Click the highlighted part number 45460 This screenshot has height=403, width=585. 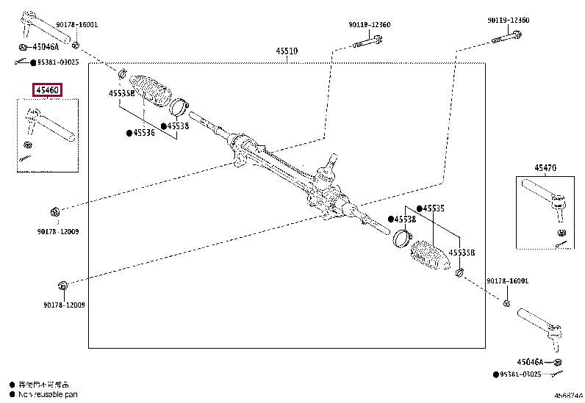(x=47, y=90)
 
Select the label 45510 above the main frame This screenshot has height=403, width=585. (x=287, y=51)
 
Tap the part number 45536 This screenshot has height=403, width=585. (x=144, y=133)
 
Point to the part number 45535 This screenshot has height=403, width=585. (x=434, y=208)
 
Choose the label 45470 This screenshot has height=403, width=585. (x=545, y=168)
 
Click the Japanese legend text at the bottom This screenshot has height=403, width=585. (x=45, y=384)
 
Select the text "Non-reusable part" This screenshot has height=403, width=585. (x=45, y=394)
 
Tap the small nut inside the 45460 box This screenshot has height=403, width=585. (x=27, y=143)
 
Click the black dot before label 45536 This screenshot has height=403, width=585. (x=128, y=133)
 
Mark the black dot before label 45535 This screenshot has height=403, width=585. (x=419, y=208)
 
